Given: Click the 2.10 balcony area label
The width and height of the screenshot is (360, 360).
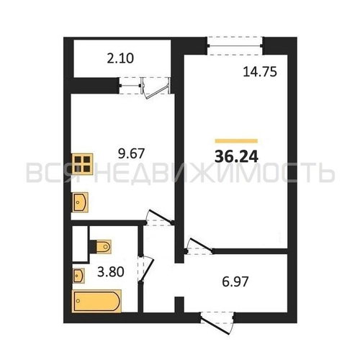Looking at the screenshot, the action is coord(120,58).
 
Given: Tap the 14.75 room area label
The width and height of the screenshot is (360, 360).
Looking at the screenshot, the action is coord(260,72).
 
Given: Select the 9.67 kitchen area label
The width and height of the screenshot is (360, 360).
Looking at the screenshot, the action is coord(131,153).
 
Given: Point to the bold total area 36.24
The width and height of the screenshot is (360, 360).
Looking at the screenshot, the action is coord(236,157).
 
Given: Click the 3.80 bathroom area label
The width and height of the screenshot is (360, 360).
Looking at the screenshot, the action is coord(111,272).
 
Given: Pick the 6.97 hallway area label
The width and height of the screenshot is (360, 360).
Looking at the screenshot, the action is coord(235,282).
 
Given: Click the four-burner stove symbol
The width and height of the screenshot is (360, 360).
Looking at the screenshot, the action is coord(82,163).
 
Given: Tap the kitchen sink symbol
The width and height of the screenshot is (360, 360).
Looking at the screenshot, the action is coord(80,202).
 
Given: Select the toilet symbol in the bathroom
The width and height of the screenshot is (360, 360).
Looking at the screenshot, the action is coord(100,246).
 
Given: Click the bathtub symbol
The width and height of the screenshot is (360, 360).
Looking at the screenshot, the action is coord(96,301).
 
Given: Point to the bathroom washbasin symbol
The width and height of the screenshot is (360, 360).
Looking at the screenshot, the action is coord(78,276).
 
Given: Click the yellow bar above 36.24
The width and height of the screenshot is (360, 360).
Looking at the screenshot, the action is coord(236,141).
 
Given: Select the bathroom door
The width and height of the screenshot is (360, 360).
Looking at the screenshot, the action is coord(145,269).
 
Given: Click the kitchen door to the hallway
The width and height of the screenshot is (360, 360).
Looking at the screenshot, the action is coord(160,217).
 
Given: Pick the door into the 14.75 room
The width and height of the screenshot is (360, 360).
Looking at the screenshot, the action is coord(199,246).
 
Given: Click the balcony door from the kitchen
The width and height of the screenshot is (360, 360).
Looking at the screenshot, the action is coord(156,87).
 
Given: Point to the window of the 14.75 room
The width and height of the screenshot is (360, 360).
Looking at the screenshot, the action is coord(235,45).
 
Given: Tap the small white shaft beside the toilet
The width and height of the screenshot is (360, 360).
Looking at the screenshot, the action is coord(81,244).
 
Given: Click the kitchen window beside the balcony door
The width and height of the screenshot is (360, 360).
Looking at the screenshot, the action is coord(130,85).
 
